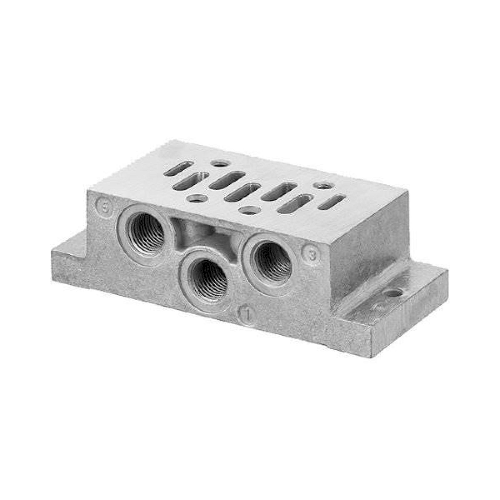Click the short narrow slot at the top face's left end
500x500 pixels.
coord(179,168)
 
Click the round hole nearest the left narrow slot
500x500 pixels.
coord(220,163)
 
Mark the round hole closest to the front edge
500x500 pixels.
coord(249,211)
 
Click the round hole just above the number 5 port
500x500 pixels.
coord(196,198)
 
